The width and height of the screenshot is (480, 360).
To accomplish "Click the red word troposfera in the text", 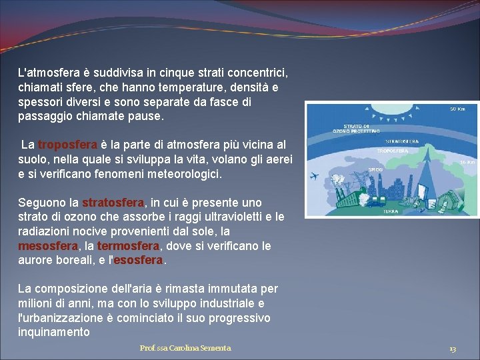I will pyautogui.click(x=68, y=145).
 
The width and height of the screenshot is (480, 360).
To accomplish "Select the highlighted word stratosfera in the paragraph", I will pyautogui.click(x=113, y=202).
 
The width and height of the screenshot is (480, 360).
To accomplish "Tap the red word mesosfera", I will pyautogui.click(x=43, y=246).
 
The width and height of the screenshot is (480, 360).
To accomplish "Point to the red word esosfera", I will pyautogui.click(x=138, y=261).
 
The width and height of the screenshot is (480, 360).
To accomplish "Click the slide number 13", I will pyautogui.click(x=453, y=349).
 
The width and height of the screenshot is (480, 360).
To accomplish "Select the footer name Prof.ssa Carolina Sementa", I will pyautogui.click(x=185, y=348).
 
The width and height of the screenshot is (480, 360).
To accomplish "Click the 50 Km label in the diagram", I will pyautogui.click(x=457, y=109).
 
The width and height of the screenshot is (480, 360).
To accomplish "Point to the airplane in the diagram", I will pyautogui.click(x=315, y=176).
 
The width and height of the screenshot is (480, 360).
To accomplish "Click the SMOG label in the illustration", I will pyautogui.click(x=375, y=170).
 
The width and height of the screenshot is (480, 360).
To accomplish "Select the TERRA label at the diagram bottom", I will pyautogui.click(x=391, y=211).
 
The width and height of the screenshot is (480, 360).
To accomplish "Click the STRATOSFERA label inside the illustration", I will pyautogui.click(x=403, y=141).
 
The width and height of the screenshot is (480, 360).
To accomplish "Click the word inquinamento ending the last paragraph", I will pyautogui.click(x=53, y=332).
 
